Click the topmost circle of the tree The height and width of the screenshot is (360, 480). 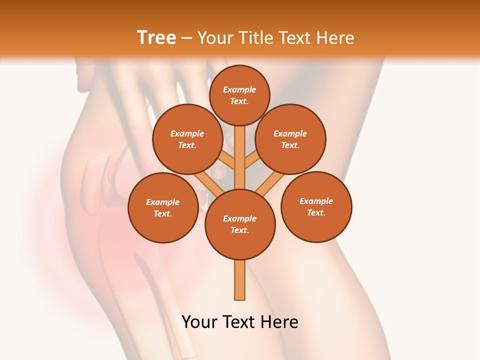(x=239, y=95)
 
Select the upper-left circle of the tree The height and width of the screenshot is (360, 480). (x=187, y=139)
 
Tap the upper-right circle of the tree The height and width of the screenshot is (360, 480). (x=290, y=139)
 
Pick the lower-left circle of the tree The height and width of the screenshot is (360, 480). (x=163, y=207)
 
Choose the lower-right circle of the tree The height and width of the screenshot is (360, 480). (x=316, y=206)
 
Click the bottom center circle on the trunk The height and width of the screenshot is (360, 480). (x=240, y=224)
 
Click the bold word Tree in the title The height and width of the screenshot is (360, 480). (x=156, y=37)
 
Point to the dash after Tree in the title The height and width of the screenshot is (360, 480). (x=186, y=37)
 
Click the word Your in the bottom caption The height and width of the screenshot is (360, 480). (x=200, y=322)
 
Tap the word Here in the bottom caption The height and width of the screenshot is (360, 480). (x=281, y=322)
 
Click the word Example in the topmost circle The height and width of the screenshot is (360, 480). (x=239, y=89)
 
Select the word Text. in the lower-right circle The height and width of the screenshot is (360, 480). (x=316, y=212)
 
